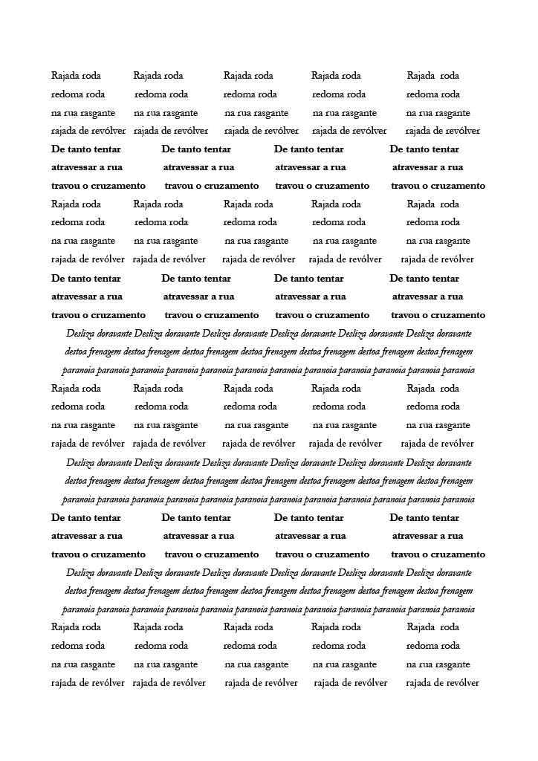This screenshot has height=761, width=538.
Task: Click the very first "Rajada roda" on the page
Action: click(x=76, y=76)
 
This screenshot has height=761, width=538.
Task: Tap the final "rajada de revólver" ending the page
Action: click(x=442, y=683)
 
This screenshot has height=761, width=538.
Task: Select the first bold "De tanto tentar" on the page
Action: click(x=85, y=149)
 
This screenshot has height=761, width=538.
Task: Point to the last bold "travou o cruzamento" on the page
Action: click(x=438, y=554)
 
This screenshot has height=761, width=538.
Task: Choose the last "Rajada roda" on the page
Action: click(x=433, y=627)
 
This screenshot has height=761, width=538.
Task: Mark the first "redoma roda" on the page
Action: click(x=78, y=94)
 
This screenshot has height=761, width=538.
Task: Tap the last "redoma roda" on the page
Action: click(x=433, y=646)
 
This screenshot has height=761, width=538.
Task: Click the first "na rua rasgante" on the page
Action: click(x=83, y=113)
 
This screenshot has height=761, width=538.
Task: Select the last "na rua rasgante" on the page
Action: click(x=438, y=664)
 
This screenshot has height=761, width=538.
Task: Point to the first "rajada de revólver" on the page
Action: click(x=88, y=132)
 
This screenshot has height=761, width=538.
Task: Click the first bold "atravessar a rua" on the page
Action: click(x=87, y=168)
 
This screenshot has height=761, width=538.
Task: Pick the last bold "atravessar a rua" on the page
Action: click(x=427, y=536)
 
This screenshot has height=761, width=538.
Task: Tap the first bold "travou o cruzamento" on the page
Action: click(x=98, y=186)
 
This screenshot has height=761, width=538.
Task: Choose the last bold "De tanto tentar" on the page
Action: click(x=424, y=518)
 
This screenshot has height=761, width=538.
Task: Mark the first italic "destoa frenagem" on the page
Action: click(x=93, y=352)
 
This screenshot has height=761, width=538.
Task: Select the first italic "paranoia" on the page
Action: click(x=78, y=370)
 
